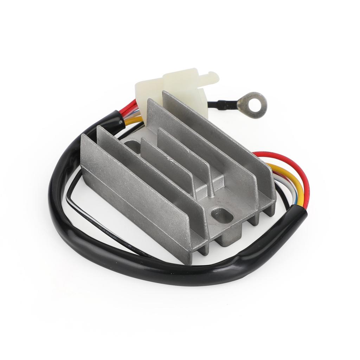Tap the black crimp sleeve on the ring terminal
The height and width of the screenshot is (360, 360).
click(x=222, y=104)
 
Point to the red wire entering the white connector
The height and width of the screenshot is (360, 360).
click(x=133, y=105)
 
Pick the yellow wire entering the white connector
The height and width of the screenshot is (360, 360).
click(x=135, y=120)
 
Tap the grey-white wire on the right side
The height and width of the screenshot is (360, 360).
click(x=281, y=183)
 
